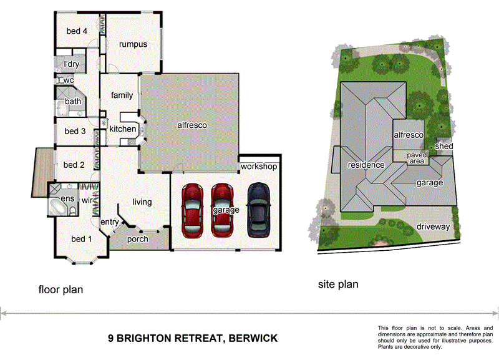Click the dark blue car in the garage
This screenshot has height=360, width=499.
click(x=259, y=210)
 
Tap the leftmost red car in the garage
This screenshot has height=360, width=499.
click(x=191, y=210)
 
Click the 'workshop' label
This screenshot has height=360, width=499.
click(x=258, y=167)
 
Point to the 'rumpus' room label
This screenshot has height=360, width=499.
click(x=133, y=44)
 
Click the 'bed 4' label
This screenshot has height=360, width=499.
click(x=77, y=31)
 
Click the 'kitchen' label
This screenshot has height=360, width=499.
click(x=123, y=129)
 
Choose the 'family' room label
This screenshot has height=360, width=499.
click(x=122, y=95)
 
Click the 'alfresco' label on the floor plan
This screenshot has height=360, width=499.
click(x=191, y=125)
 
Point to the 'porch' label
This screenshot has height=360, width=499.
click(x=137, y=239)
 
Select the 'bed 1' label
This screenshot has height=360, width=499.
click(x=82, y=239)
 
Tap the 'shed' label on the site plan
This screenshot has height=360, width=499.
click(x=443, y=146)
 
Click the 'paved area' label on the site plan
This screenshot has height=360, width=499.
click(x=416, y=158)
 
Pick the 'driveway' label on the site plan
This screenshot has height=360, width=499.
click(x=433, y=226)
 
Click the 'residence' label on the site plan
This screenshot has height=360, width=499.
click(x=366, y=165)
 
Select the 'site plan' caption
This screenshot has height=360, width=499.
click(x=338, y=285)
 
